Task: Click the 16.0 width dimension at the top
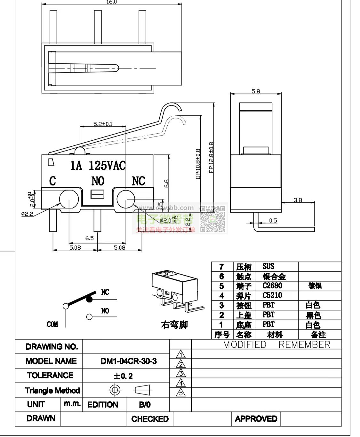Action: [x=111, y=2]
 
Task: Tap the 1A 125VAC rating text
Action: [x=98, y=165]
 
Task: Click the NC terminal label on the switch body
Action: [x=138, y=181]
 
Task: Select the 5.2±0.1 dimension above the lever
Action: [x=103, y=124]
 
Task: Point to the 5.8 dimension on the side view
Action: [x=256, y=91]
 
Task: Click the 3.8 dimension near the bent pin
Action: [x=298, y=200]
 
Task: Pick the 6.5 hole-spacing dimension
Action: [x=89, y=238]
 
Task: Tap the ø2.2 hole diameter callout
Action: [x=27, y=214]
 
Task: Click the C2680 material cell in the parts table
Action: [x=272, y=286]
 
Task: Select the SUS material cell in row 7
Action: [x=268, y=266]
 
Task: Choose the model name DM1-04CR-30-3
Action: [x=129, y=361]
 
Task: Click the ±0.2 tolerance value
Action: [x=123, y=376]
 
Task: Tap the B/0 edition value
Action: [x=145, y=405]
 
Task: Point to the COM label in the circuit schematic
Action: [x=52, y=324]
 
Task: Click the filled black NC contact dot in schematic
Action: [x=89, y=299]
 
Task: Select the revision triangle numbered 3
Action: [x=181, y=373]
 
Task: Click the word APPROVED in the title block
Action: [x=256, y=419]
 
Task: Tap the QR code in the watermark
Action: [x=212, y=219]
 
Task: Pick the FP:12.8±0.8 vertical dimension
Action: [x=211, y=158]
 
